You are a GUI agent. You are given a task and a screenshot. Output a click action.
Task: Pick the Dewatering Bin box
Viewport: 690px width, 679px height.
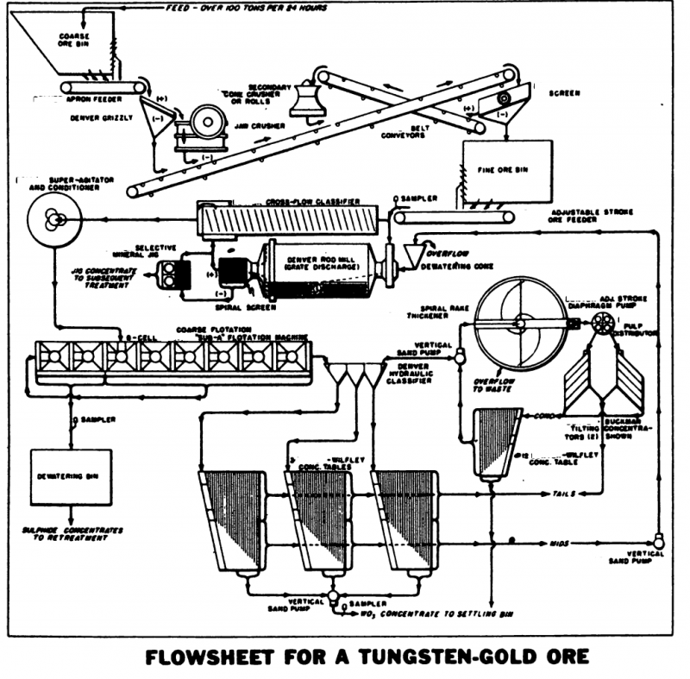click(x=65, y=475)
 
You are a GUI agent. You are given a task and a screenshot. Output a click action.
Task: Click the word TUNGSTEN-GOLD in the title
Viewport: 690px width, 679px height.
click(x=417, y=657)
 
